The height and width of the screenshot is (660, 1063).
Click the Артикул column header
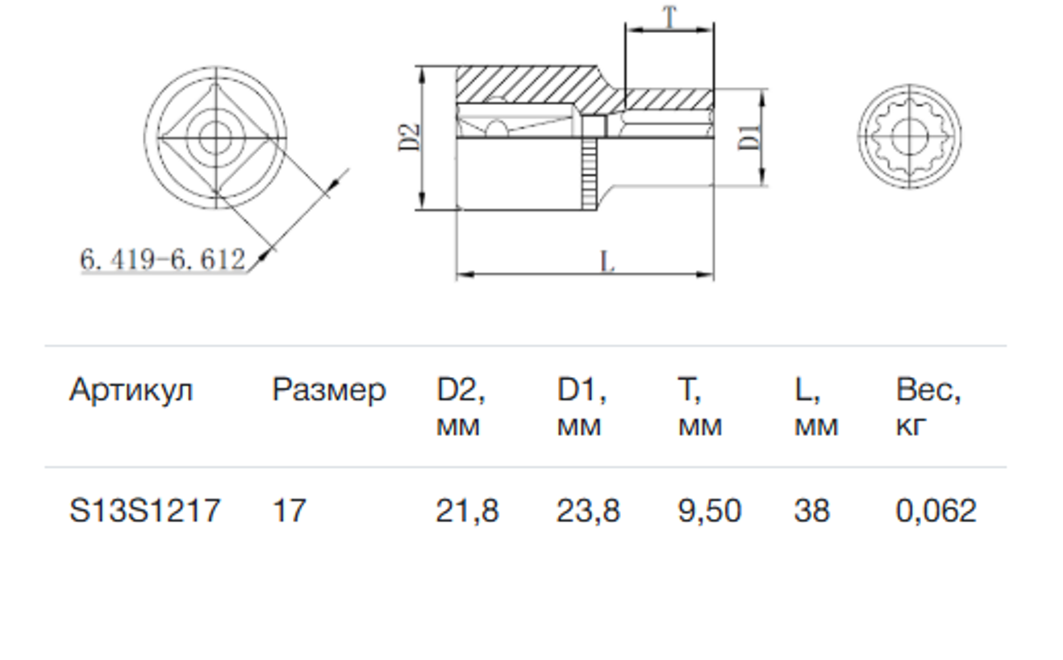click(131, 390)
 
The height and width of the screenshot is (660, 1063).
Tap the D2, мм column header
click(461, 408)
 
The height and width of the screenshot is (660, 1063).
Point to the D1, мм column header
click(582, 408)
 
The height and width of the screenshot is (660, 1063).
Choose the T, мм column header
click(700, 408)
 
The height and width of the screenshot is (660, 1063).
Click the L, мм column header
click(816, 408)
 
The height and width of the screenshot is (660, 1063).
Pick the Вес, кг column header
click(928, 408)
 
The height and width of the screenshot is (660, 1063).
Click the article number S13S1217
click(144, 511)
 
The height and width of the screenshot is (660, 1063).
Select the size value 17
click(289, 511)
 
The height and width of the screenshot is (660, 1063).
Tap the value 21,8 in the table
click(468, 511)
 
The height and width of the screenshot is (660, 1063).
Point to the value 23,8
click(589, 511)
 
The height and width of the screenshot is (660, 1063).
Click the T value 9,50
click(710, 511)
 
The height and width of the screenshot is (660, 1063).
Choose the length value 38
click(812, 511)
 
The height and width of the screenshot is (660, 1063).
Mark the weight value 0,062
click(936, 511)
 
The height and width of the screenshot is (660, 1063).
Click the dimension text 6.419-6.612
click(162, 259)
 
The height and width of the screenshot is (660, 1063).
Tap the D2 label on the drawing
click(409, 138)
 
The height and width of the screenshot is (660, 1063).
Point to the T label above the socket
click(669, 18)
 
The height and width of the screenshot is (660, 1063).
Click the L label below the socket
click(607, 261)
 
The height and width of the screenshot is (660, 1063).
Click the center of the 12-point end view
click(910, 136)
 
